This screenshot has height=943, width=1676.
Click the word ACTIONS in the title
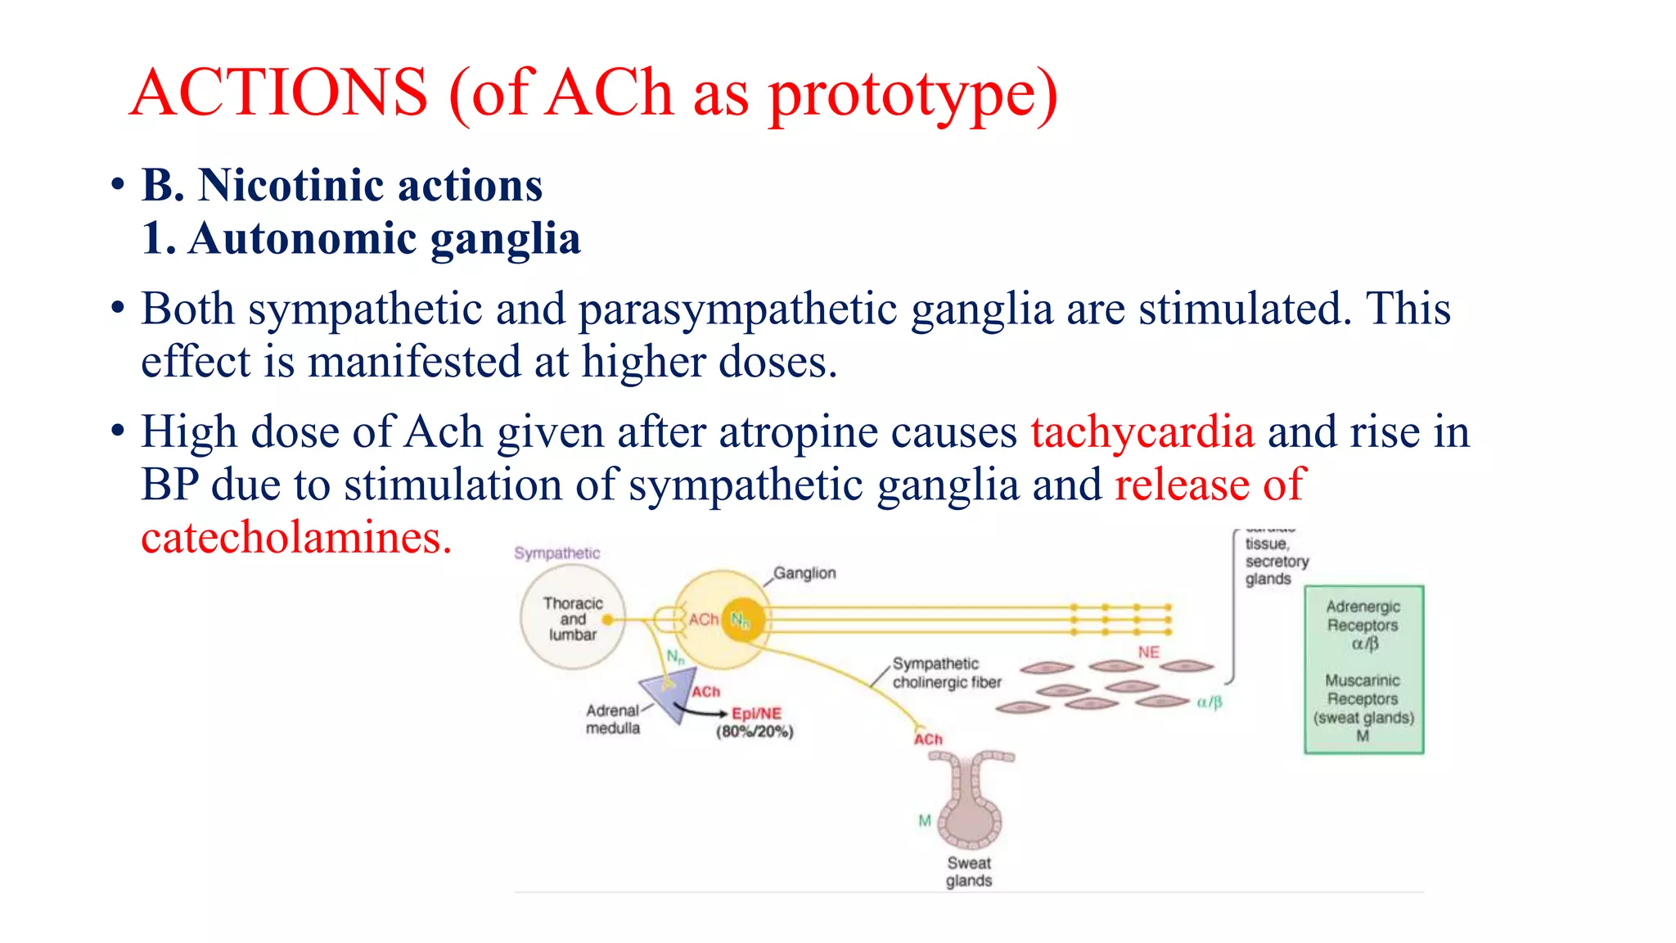click(279, 92)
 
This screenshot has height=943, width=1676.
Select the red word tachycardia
click(1142, 432)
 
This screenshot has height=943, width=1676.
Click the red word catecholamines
click(295, 539)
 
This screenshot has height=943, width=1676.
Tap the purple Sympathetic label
click(556, 553)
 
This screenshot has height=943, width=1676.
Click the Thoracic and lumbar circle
click(573, 619)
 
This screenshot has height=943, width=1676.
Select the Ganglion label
click(804, 573)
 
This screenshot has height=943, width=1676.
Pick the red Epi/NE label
click(756, 714)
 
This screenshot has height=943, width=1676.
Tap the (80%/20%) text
click(755, 732)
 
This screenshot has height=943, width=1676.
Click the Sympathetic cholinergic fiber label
click(946, 673)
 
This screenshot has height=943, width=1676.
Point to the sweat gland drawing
click(971, 802)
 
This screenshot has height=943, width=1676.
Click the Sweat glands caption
click(969, 872)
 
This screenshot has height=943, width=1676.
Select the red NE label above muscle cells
click(1148, 652)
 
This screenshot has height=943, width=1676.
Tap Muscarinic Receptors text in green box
click(1363, 689)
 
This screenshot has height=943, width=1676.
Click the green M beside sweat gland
click(925, 820)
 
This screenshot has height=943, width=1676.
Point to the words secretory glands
click(1276, 571)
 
